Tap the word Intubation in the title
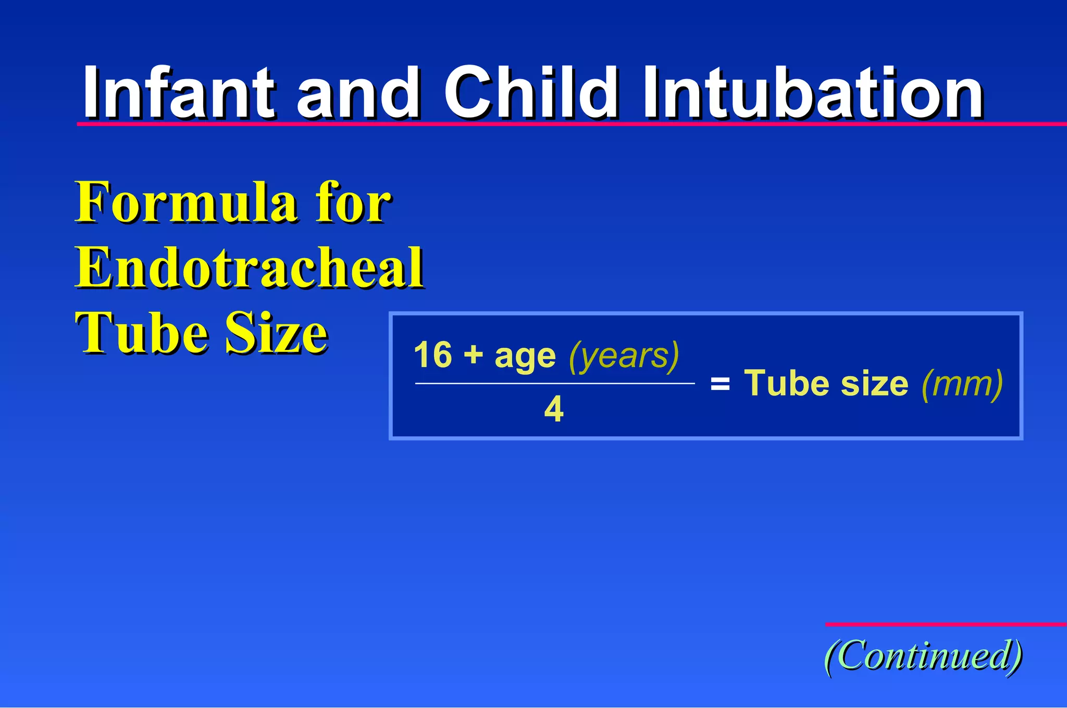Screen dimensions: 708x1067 coord(813,94)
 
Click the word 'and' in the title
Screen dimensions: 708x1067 coord(358,94)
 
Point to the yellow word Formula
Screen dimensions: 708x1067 coord(188,203)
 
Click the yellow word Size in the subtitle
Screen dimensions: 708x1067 coord(276,333)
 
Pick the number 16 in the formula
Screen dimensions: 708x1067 coord(432,356)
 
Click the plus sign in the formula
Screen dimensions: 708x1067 coord(473,356)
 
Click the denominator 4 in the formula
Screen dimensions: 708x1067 coord(554,409)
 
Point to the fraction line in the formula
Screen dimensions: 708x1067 coord(554,383)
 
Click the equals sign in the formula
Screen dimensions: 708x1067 coord(720,385)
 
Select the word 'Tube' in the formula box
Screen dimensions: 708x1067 coord(788,384)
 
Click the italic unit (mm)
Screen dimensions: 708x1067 coord(962,384)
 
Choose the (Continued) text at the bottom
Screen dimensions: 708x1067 coord(923,656)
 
